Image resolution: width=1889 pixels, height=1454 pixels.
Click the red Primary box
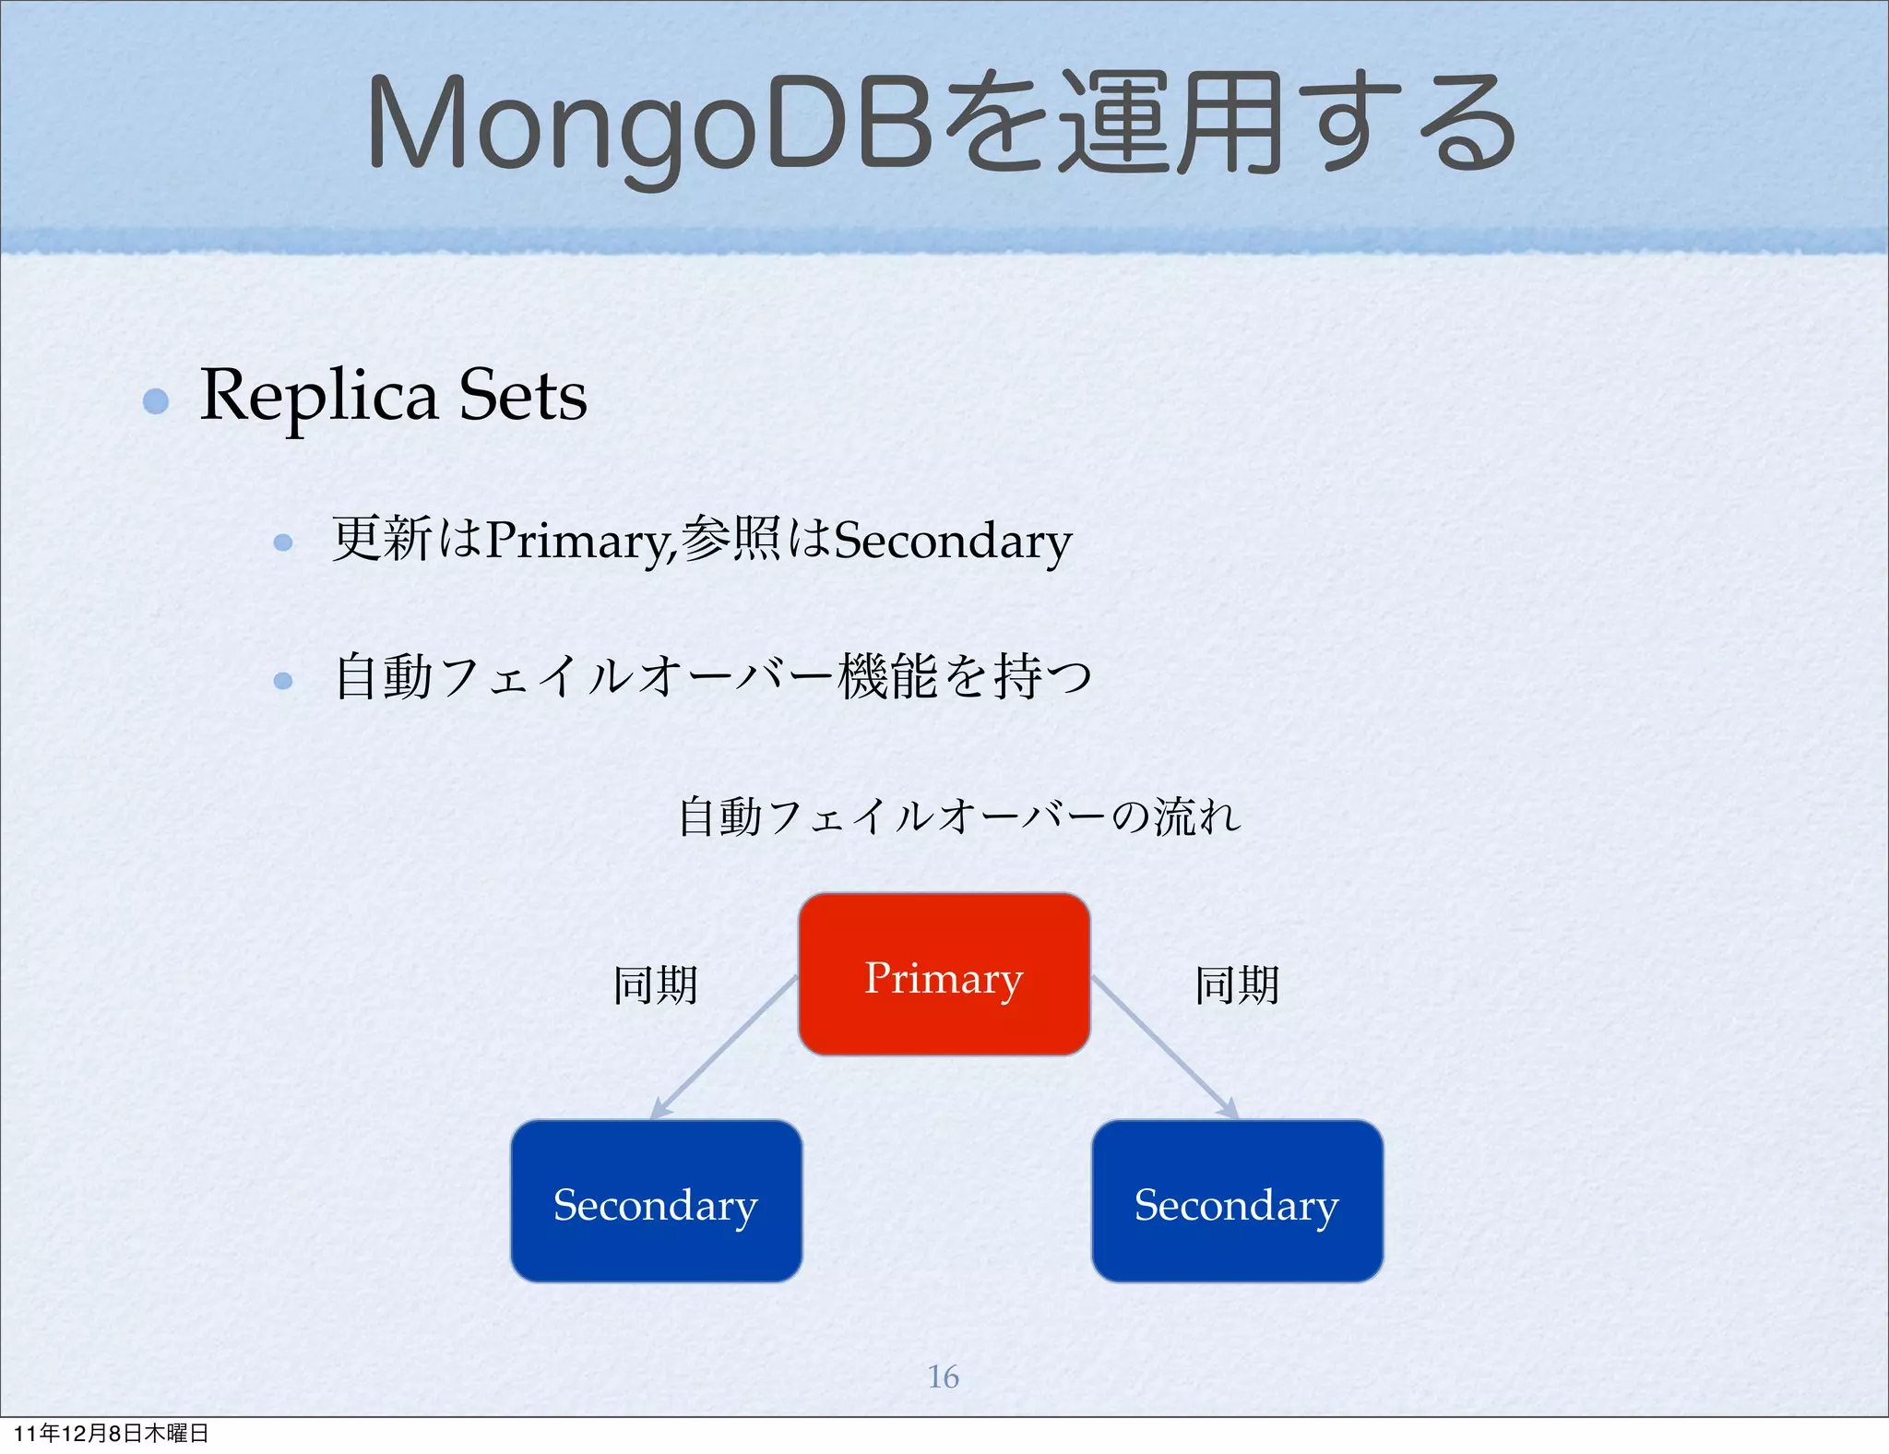[x=944, y=974]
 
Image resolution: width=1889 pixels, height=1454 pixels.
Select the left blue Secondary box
[x=656, y=1201]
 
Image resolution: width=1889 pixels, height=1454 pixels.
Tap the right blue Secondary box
[x=1237, y=1201]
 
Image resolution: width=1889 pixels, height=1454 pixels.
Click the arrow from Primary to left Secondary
[x=724, y=1048]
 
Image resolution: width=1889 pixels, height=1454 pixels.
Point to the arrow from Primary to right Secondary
[x=1164, y=1048]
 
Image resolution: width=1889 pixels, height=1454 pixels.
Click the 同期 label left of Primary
[x=656, y=984]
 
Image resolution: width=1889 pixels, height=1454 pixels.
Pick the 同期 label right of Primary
[x=1237, y=984]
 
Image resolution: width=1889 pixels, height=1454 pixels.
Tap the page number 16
[x=943, y=1377]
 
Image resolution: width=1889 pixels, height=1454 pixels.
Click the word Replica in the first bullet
[x=318, y=397]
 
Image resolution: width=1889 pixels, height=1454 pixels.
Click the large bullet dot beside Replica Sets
[x=156, y=401]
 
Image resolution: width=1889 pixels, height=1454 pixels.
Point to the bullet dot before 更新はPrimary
[x=283, y=542]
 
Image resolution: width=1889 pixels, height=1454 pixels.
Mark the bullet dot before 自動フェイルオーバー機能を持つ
[x=283, y=681]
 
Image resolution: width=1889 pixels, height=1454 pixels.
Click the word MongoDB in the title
[x=649, y=125]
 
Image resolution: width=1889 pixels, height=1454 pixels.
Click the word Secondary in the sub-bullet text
[x=952, y=541]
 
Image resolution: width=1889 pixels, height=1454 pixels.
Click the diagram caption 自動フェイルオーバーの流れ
[x=959, y=816]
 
